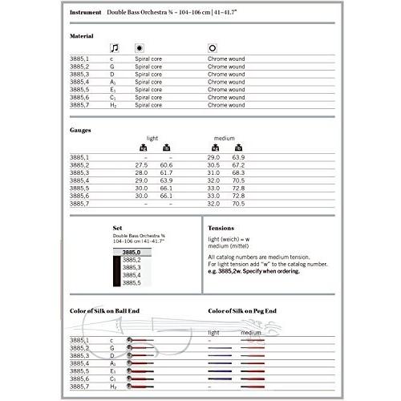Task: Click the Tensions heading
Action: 221,228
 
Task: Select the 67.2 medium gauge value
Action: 238,165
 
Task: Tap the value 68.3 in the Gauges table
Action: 238,172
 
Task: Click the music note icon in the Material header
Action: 114,48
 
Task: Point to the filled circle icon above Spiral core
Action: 140,48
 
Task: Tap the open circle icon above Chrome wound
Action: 213,48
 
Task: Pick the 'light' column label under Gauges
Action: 152,138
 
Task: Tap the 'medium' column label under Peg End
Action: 251,332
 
